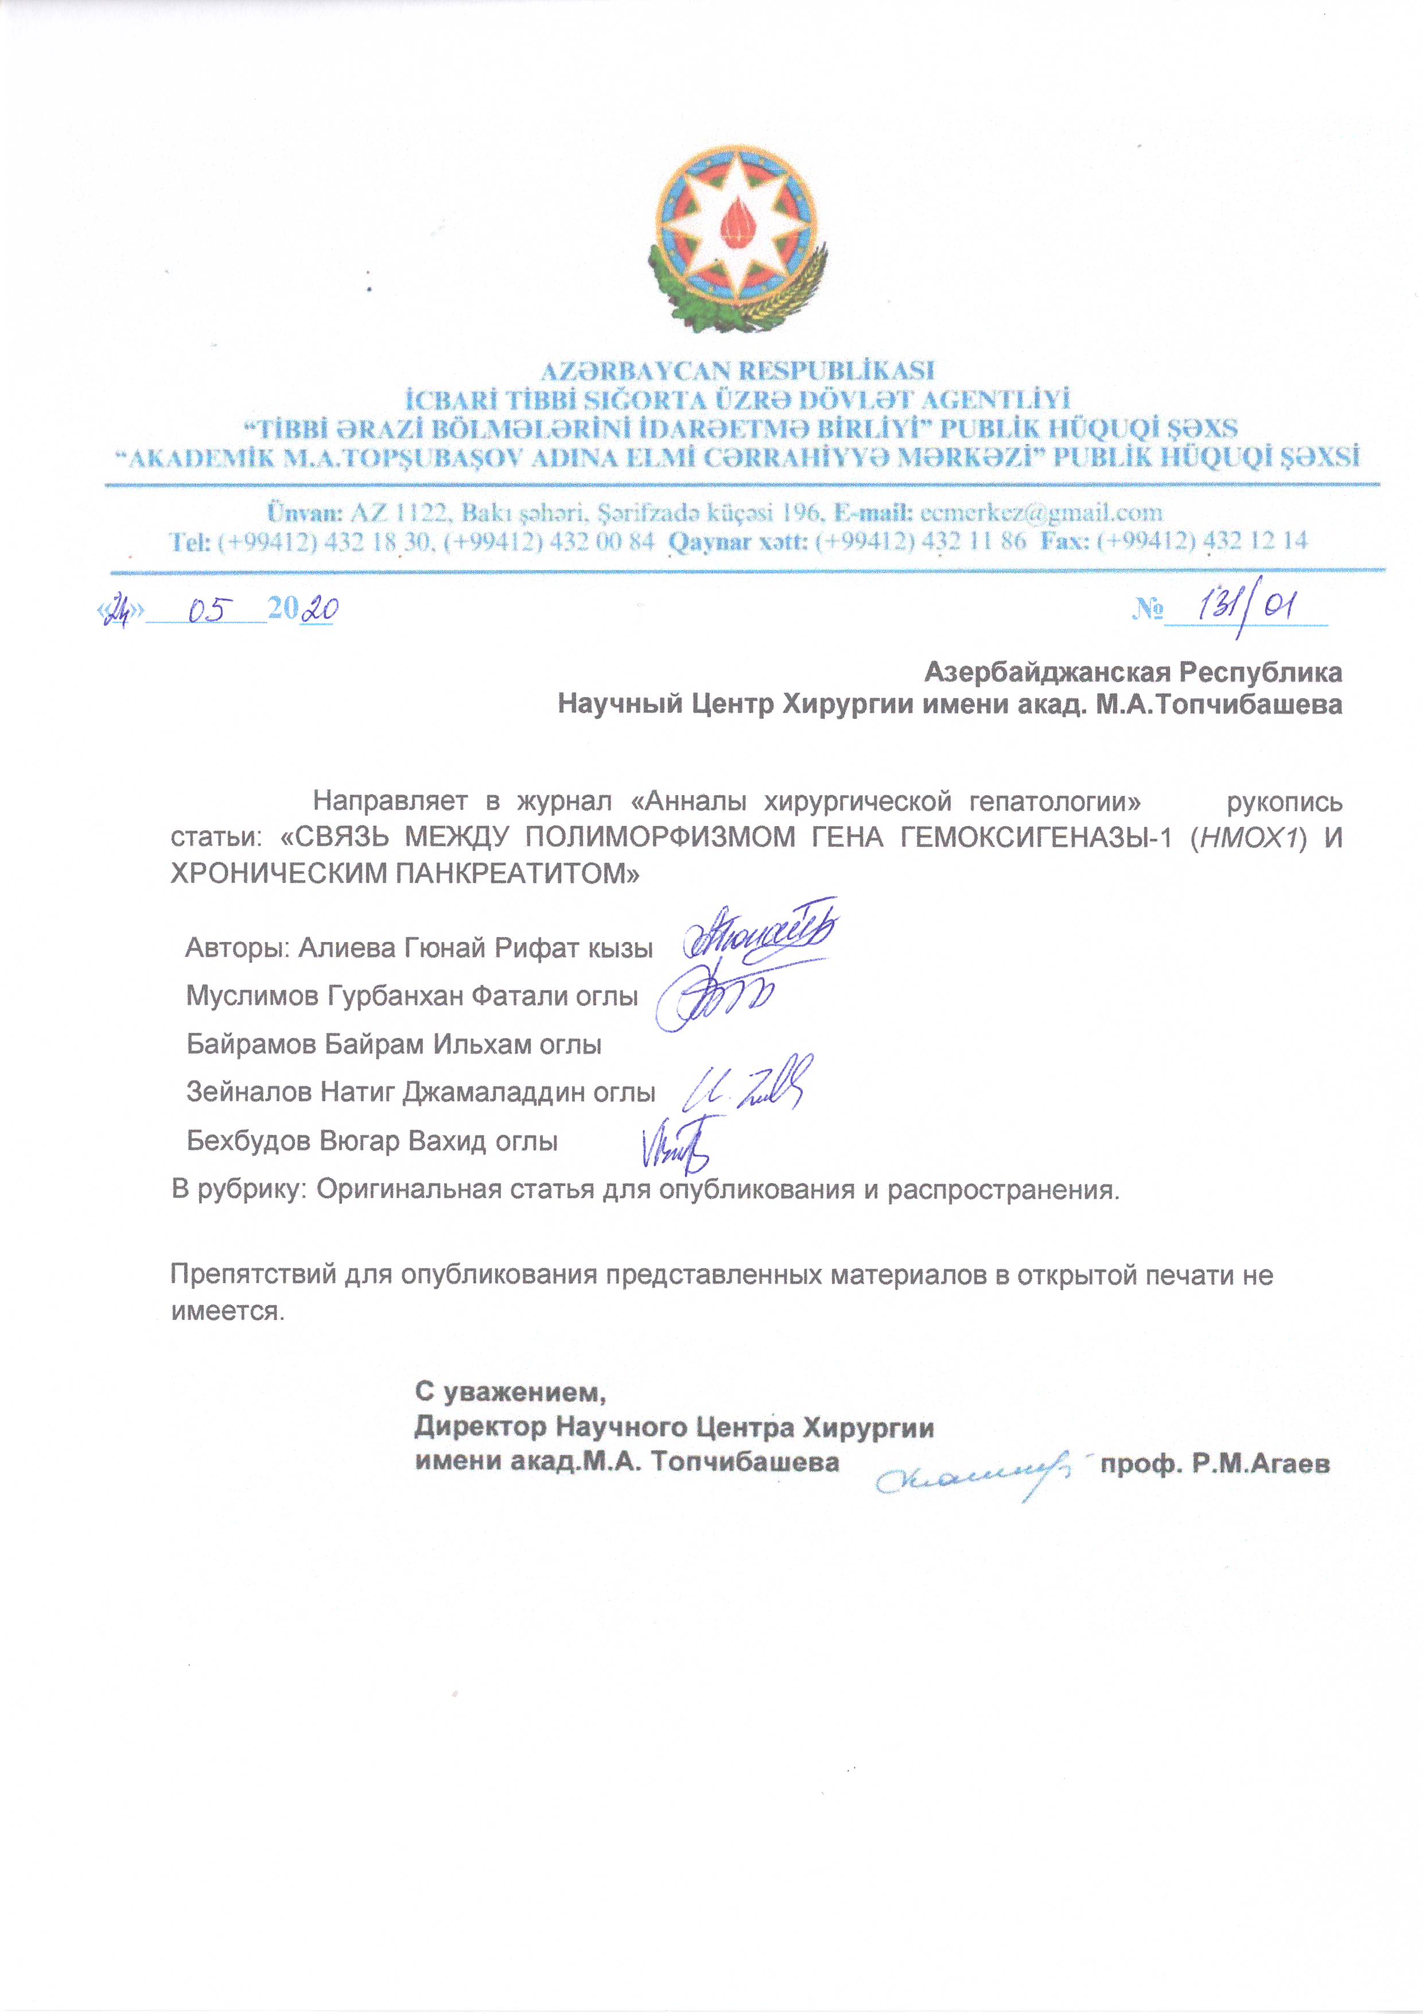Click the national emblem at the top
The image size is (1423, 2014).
[737, 239]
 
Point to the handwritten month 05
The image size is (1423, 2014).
[208, 609]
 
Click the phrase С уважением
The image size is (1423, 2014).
[510, 1391]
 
